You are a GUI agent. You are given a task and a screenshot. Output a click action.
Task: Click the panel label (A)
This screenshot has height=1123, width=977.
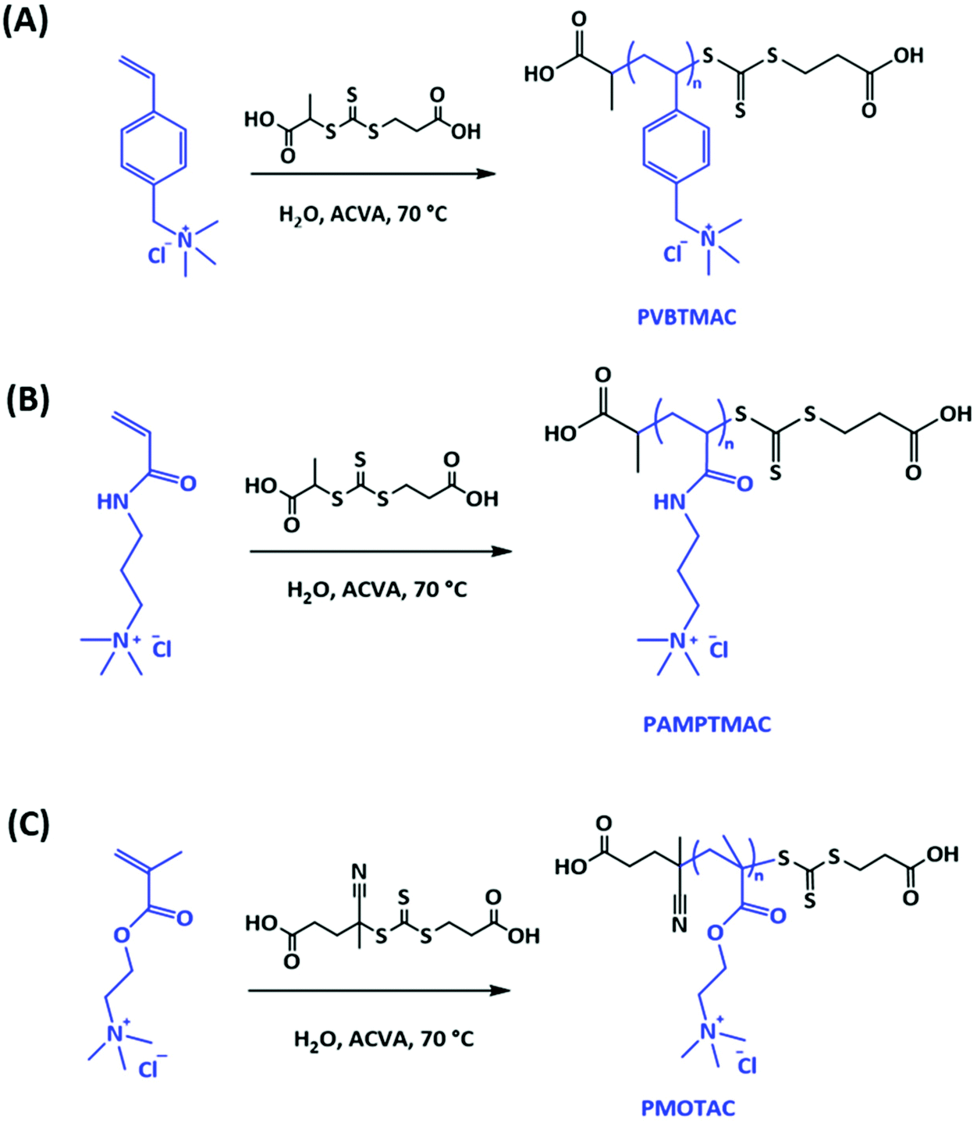[x=26, y=21]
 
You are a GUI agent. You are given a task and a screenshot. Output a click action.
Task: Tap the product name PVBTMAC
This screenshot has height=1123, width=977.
[x=687, y=317]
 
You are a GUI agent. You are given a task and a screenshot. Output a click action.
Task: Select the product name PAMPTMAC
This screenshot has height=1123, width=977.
[x=707, y=724]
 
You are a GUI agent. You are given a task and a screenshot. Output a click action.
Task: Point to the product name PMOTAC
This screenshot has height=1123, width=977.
[x=688, y=1107]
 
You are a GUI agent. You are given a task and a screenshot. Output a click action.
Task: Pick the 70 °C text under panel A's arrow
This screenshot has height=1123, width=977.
[x=422, y=213]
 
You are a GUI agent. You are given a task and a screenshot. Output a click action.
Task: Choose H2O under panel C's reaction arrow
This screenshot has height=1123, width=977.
[x=314, y=1039]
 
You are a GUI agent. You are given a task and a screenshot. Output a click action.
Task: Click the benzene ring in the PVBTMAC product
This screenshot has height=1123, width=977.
[x=677, y=147]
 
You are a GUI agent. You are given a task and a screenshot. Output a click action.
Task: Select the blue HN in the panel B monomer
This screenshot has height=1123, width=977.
[x=112, y=501]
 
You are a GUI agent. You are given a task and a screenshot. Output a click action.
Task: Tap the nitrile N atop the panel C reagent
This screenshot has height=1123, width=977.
[x=359, y=871]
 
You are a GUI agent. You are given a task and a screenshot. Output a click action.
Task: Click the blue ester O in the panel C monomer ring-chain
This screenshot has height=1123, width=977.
[x=122, y=935]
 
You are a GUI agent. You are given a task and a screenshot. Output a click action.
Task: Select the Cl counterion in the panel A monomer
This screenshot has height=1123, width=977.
[x=157, y=254]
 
